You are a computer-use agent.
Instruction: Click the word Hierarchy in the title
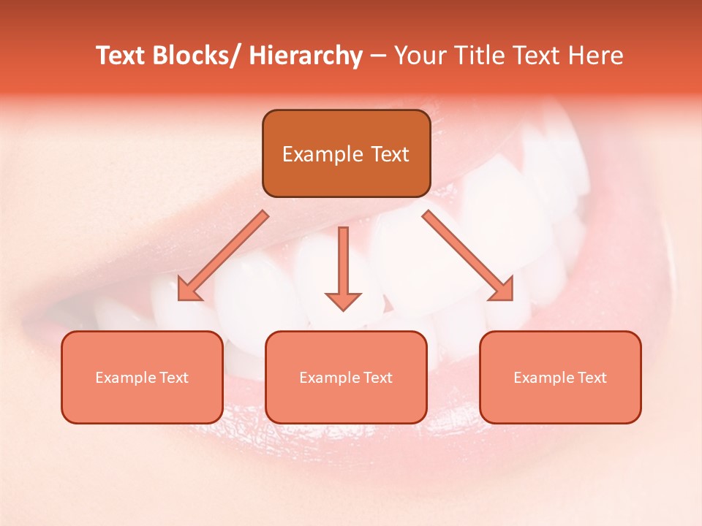coord(306,56)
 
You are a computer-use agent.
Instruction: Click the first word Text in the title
coord(121,56)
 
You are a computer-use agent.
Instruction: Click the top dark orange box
coord(346,153)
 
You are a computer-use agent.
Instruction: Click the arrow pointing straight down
coord(343,267)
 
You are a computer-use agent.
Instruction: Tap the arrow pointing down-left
coord(223,256)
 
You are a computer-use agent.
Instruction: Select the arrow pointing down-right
coord(468,256)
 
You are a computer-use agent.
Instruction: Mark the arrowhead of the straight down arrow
coord(343,300)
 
